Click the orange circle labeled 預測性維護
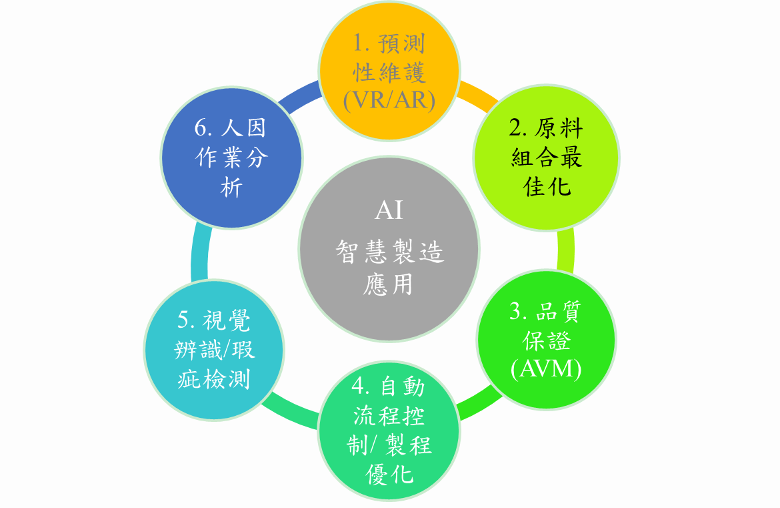(x=389, y=71)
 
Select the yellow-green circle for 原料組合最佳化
(x=546, y=158)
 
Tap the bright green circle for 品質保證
(x=546, y=340)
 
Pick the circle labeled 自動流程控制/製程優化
(x=389, y=431)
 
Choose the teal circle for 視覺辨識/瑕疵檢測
(x=214, y=350)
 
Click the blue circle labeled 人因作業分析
(x=231, y=158)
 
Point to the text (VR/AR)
(x=389, y=100)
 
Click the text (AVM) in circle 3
(x=546, y=369)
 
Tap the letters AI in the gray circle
(x=389, y=210)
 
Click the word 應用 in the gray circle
(x=388, y=285)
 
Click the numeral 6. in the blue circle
(x=203, y=128)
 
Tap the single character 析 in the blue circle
(x=231, y=188)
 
